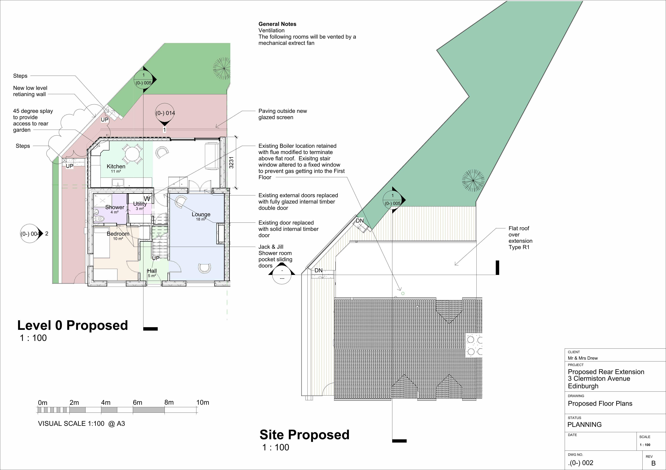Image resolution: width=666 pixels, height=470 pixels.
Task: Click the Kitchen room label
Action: (x=116, y=167)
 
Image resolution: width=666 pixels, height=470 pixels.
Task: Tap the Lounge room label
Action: (x=201, y=214)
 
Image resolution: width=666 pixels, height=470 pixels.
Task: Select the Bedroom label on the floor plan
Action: (x=118, y=234)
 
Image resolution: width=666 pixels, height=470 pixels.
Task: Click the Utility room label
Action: (x=140, y=204)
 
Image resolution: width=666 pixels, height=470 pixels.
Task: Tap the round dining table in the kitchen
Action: (x=132, y=154)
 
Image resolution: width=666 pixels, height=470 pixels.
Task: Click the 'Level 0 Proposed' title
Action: (x=73, y=325)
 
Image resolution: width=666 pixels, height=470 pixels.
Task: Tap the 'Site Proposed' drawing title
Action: (x=305, y=435)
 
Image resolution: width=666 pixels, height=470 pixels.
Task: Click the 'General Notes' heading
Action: (x=277, y=24)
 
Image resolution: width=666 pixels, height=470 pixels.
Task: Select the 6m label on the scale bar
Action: (x=138, y=402)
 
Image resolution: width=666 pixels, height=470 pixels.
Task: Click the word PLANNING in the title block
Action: (x=585, y=425)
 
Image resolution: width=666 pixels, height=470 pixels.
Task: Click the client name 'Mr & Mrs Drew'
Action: (x=583, y=358)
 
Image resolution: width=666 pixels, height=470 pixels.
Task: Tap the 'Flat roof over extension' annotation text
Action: (x=520, y=238)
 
